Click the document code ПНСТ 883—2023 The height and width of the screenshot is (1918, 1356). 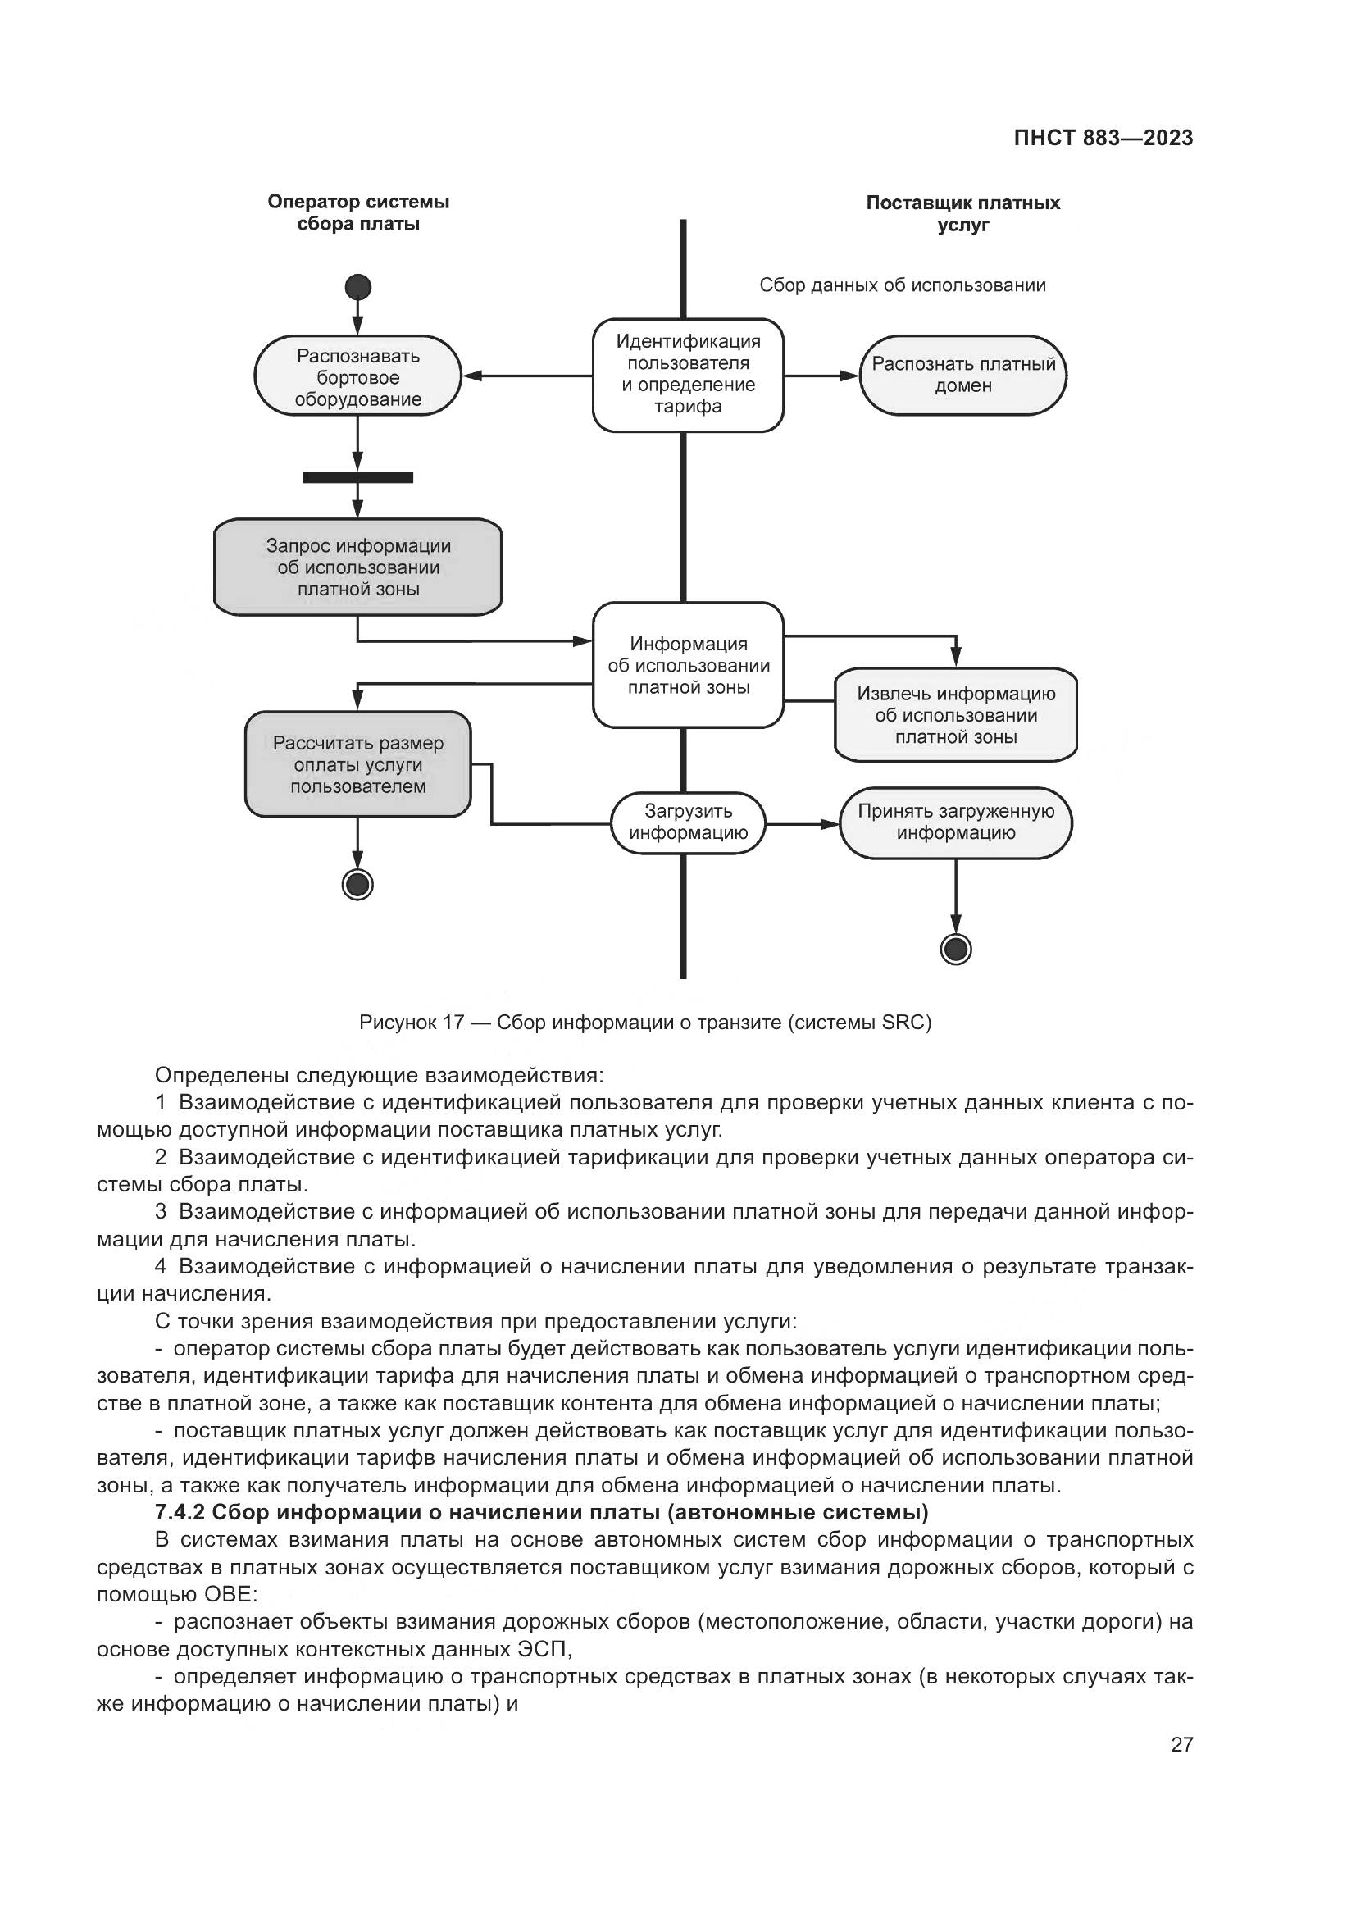(1103, 139)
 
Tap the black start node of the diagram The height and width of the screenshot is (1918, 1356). (357, 287)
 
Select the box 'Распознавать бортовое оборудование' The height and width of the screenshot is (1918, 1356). (357, 376)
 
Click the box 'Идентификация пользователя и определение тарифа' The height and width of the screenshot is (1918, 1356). (688, 374)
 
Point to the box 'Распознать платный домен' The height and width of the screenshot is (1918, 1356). (962, 375)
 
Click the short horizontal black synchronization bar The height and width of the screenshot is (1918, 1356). (357, 478)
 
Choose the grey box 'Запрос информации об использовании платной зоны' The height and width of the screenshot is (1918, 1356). (357, 567)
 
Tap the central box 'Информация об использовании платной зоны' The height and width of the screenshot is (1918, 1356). (688, 665)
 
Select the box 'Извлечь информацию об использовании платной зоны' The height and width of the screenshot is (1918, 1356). (955, 715)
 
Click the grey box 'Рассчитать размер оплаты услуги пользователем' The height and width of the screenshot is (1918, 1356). (357, 764)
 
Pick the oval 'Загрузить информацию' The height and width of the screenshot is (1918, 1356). (688, 822)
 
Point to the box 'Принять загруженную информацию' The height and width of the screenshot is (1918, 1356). (955, 822)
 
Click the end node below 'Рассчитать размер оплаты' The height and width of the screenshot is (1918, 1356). (357, 884)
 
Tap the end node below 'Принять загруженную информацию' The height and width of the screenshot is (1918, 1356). (955, 949)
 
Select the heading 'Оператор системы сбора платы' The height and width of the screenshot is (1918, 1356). (358, 212)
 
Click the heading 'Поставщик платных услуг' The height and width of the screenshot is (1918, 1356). (962, 213)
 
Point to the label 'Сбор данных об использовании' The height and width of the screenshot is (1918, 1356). (902, 285)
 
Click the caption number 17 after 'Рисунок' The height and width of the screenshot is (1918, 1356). (453, 1023)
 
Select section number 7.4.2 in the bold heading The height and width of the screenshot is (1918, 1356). (180, 1512)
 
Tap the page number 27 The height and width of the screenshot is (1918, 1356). (1181, 1744)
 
